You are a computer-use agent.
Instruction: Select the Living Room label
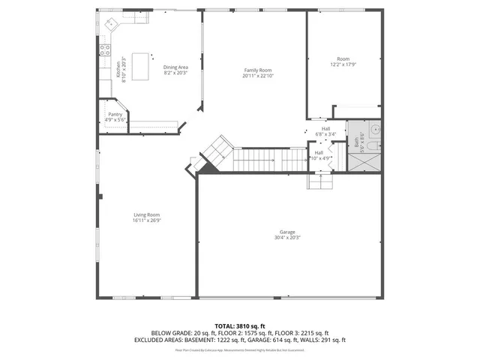point(147,215)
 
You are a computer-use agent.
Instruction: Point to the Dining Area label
point(175,67)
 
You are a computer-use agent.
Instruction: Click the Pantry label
point(115,114)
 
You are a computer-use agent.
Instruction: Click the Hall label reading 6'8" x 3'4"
point(325,132)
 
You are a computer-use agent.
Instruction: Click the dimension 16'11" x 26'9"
point(147,220)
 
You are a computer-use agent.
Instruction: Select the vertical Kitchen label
point(118,73)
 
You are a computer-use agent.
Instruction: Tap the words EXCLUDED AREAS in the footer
point(159,340)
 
